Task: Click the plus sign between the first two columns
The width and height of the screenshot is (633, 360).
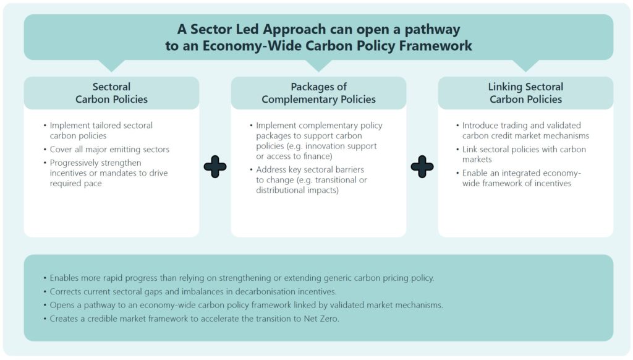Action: point(215,166)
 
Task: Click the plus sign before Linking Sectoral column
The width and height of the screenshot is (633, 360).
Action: point(422,166)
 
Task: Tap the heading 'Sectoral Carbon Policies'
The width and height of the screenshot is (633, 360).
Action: point(111,93)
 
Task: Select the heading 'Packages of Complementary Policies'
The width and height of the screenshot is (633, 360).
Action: point(318,93)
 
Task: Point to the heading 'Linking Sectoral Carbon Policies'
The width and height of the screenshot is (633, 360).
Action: point(525,93)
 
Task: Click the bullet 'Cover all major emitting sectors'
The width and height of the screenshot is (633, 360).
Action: point(109,149)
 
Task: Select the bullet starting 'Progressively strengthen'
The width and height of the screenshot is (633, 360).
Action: point(105,173)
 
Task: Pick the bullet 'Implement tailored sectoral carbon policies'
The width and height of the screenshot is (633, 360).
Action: point(98,131)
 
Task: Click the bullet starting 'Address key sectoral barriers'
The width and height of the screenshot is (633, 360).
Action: point(309,180)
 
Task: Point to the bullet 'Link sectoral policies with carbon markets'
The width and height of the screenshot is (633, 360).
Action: point(521,154)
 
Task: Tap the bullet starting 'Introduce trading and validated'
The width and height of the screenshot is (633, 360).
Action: point(523,131)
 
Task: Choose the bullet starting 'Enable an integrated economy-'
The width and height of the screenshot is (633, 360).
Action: point(519,178)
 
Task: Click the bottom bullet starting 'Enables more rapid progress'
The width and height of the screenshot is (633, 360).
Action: point(239,278)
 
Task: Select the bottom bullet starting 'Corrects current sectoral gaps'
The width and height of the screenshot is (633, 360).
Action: point(190,291)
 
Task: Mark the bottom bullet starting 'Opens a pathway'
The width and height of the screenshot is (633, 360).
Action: point(243,305)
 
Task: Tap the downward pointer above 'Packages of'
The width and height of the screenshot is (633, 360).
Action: point(318,66)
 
